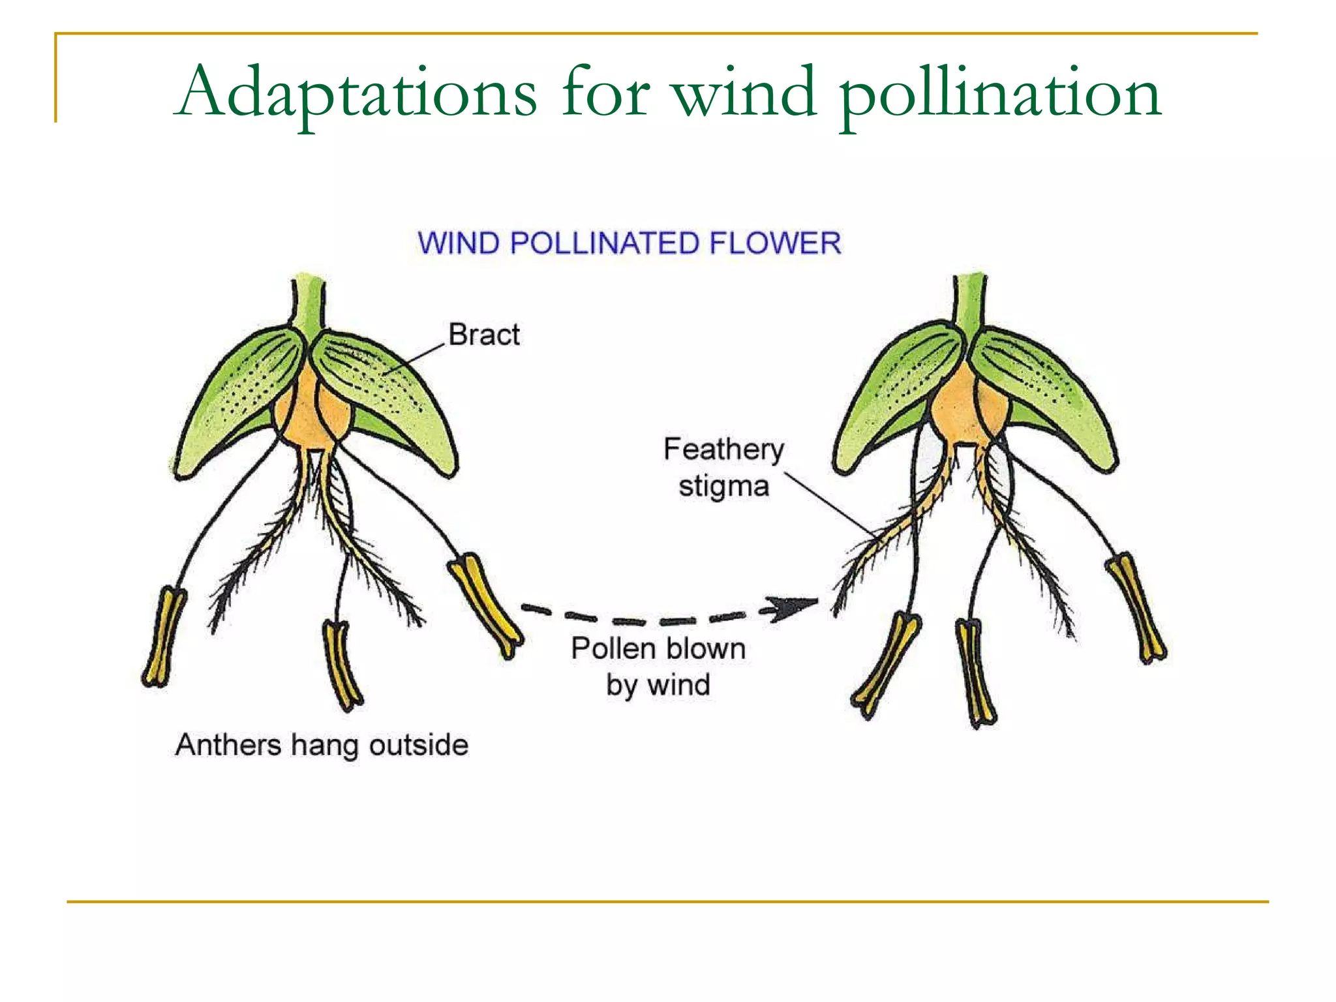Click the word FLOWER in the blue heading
click(775, 243)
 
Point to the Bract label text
click(484, 335)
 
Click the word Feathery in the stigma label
click(723, 449)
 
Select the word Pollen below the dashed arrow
click(613, 648)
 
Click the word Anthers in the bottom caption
click(228, 745)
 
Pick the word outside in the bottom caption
click(418, 745)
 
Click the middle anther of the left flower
click(342, 665)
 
